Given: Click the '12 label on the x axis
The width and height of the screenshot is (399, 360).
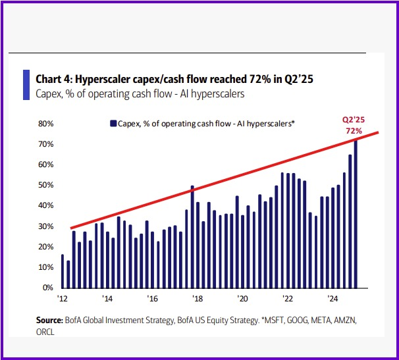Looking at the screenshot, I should pos(63,298).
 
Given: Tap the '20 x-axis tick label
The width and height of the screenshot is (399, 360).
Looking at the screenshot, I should pos(243,298).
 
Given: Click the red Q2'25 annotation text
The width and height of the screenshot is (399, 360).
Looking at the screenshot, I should pos(354,120).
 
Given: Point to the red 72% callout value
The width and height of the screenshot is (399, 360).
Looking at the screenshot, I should pos(354,130).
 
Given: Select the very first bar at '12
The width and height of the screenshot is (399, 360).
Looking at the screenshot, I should pos(63,271).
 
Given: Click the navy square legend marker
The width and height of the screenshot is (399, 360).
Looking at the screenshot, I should pos(113,123).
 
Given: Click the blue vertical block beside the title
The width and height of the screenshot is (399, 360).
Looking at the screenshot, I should pos(26,85).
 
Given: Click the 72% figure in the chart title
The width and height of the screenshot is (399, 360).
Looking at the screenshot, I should pos(263,79).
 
